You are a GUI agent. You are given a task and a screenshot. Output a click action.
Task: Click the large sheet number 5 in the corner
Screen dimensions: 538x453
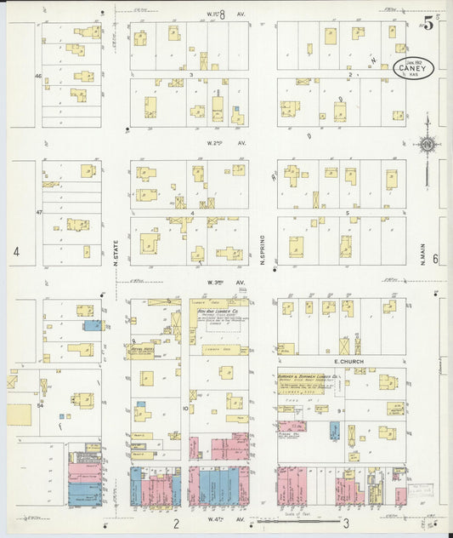(429, 23)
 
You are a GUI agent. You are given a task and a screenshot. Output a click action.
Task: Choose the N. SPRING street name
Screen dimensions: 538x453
(263, 249)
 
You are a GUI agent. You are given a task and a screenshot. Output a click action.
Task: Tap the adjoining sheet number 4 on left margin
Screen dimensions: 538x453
(14, 252)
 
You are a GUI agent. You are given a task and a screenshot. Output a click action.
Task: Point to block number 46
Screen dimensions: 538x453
(38, 76)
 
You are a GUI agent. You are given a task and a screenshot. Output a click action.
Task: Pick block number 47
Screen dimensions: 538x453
(38, 209)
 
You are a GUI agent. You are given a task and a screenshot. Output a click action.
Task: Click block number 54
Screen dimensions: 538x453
(39, 406)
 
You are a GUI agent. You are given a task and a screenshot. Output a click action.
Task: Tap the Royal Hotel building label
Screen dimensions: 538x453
(141, 348)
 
